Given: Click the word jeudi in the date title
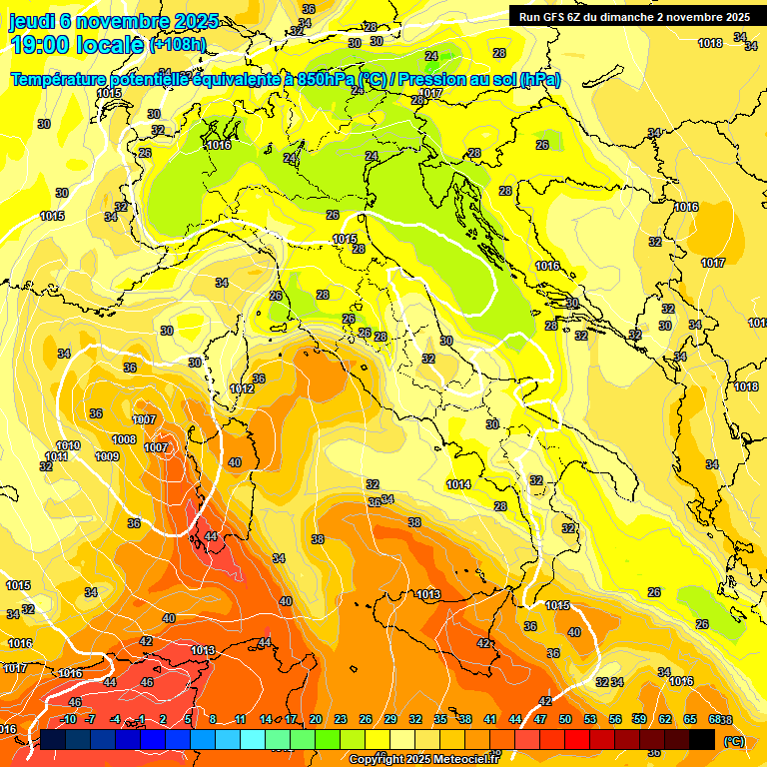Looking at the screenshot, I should pyautogui.click(x=31, y=21).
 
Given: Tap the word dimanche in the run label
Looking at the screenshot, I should pyautogui.click(x=653, y=17).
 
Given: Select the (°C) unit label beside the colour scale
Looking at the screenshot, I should pyautogui.click(x=734, y=740).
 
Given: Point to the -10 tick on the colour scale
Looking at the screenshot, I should pyautogui.click(x=68, y=719).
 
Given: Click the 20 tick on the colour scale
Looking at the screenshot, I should pyautogui.click(x=316, y=719).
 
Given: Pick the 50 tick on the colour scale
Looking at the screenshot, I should pyautogui.click(x=565, y=719).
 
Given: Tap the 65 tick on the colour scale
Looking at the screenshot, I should pyautogui.click(x=690, y=719).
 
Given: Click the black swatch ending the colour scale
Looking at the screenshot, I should pyautogui.click(x=702, y=739).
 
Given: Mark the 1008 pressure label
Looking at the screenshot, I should pyautogui.click(x=124, y=439).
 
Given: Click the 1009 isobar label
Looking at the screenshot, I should pyautogui.click(x=107, y=456).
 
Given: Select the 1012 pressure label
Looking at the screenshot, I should pyautogui.click(x=242, y=388).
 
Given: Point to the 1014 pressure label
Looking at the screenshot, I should pyautogui.click(x=458, y=484).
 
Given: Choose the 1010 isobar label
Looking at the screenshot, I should pyautogui.click(x=68, y=445).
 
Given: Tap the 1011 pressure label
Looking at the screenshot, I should pyautogui.click(x=56, y=456).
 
